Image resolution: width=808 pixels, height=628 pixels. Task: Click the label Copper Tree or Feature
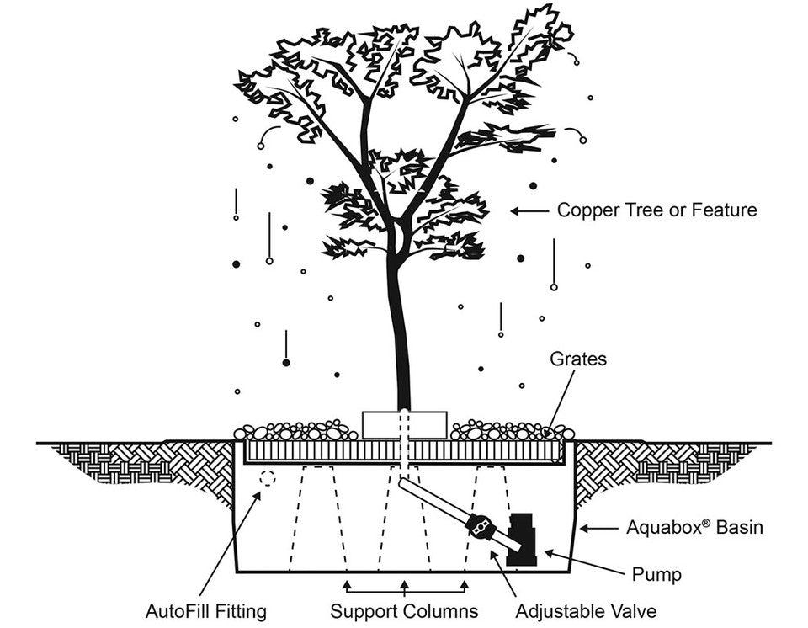[x=656, y=210]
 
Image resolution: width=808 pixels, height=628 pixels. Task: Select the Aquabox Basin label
[x=694, y=529]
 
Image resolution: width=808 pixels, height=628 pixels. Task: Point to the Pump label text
[x=656, y=576]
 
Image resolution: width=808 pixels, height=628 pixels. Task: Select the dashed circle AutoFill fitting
[x=268, y=477]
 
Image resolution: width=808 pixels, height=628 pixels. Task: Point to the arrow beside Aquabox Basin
[x=599, y=529]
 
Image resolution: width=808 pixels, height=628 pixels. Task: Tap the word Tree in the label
[x=648, y=210]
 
